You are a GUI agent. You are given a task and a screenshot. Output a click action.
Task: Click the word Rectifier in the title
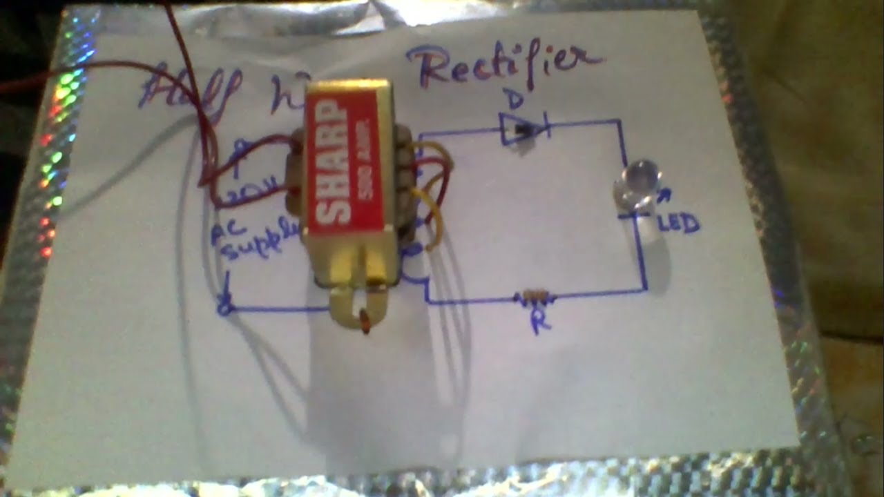click(x=503, y=66)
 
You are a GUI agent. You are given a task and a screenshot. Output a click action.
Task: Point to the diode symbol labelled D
click(x=523, y=128)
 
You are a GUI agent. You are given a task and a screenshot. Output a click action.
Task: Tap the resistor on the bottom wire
click(x=535, y=298)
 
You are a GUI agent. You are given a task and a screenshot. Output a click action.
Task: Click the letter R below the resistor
click(x=540, y=323)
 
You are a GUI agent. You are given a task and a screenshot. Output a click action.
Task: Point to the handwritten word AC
click(x=223, y=235)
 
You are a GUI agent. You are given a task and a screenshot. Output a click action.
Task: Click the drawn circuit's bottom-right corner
click(x=645, y=289)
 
